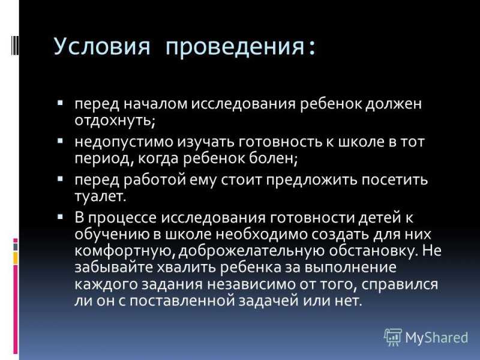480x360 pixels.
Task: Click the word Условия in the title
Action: [x=102, y=46]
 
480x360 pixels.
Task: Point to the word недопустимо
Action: [x=124, y=142]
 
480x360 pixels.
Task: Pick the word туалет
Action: [x=100, y=196]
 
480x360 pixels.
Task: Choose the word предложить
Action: [x=311, y=179]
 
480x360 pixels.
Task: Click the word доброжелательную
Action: [x=251, y=251]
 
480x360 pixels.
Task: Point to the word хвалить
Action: [x=187, y=267]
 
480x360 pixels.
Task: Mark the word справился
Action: [x=400, y=284]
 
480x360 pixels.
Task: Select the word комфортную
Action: [x=125, y=251]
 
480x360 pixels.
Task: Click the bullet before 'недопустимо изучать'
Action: [x=60, y=141]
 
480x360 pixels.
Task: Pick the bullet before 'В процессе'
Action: [x=60, y=217]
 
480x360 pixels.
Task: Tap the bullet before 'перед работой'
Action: [x=60, y=179]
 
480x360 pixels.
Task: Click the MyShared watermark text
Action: [x=437, y=338]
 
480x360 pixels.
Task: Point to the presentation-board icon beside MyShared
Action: [x=393, y=337]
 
